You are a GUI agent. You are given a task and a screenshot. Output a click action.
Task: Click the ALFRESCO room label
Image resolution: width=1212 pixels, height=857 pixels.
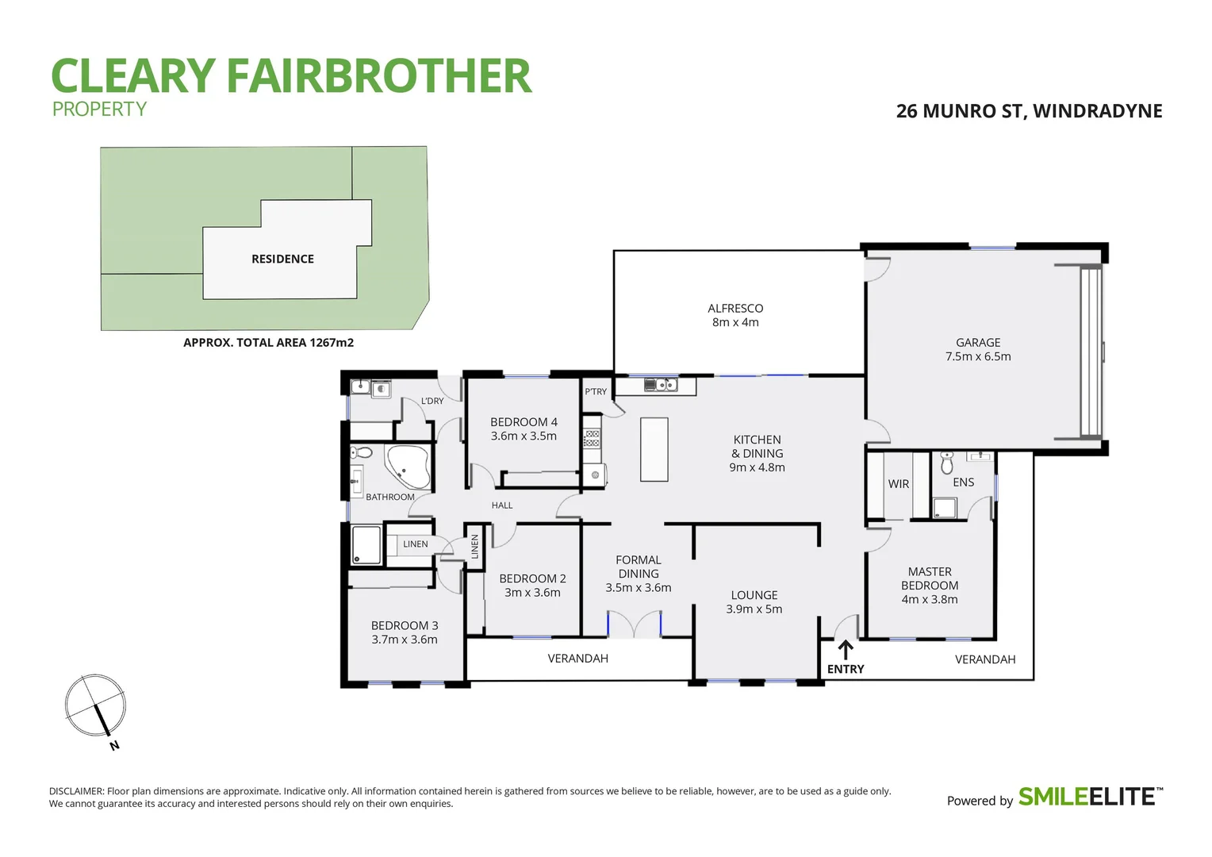click(735, 315)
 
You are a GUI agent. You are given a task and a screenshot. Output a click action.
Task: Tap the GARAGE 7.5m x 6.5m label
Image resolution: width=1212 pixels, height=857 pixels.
click(978, 349)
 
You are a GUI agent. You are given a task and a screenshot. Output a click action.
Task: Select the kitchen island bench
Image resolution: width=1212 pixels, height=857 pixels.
click(654, 449)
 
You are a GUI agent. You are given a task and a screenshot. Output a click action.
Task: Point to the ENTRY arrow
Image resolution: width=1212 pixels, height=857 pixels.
click(846, 650)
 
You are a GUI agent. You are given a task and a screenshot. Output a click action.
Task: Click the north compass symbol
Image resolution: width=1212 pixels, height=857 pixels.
click(96, 705)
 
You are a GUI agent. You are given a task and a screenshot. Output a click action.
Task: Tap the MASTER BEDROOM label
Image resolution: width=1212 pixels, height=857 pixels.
click(930, 585)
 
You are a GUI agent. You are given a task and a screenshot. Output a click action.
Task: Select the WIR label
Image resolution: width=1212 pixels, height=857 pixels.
click(898, 484)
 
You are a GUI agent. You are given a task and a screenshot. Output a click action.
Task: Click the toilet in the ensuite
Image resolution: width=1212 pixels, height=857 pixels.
click(946, 462)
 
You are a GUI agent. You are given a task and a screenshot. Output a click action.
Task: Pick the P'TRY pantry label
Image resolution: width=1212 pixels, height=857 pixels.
click(596, 391)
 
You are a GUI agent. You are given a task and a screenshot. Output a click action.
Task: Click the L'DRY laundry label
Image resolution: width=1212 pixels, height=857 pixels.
click(432, 401)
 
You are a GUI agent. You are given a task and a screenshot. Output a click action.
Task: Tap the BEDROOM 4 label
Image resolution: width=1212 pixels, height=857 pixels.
click(524, 428)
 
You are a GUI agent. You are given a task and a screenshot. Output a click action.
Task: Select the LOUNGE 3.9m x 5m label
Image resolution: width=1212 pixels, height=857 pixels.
click(754, 601)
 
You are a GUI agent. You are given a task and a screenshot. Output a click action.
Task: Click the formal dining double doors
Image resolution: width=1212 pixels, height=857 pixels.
click(634, 624)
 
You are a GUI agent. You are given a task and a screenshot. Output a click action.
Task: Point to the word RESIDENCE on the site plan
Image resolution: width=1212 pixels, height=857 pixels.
click(282, 259)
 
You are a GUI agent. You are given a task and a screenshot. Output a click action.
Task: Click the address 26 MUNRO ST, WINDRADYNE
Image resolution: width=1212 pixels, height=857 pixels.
click(1029, 111)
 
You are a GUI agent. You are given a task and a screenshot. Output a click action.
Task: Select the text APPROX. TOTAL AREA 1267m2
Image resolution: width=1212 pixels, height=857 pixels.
click(268, 343)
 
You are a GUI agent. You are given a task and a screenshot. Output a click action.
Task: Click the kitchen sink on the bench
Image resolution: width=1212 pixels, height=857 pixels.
click(660, 385)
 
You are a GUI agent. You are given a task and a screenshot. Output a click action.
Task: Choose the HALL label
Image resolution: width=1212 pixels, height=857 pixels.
click(502, 505)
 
